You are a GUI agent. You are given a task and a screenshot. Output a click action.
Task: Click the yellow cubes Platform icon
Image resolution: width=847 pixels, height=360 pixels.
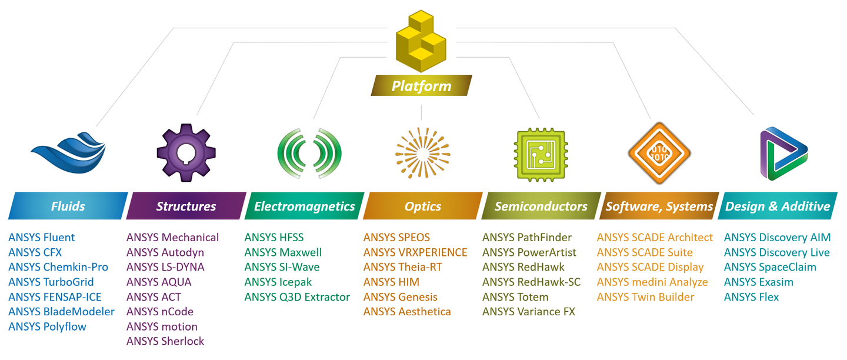(x=421, y=42)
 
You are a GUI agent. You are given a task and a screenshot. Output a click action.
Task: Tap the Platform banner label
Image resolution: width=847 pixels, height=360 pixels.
(x=421, y=86)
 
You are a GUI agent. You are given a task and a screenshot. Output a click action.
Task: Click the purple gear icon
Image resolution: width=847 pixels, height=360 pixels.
(x=186, y=152)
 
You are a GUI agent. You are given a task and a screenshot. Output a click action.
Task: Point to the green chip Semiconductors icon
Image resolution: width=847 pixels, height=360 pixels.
(x=541, y=154)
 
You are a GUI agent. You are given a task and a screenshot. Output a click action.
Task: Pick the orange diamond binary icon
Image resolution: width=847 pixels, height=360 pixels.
(x=659, y=153)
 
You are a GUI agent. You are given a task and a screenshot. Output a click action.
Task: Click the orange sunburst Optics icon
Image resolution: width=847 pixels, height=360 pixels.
(x=422, y=153)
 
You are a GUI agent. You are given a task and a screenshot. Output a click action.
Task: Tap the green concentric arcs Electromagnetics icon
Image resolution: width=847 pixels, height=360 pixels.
(x=309, y=153)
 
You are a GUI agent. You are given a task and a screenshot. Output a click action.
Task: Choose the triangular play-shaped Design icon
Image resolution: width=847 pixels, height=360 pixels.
(x=783, y=154)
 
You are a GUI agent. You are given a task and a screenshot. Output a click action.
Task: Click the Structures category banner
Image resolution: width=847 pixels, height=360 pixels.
(x=186, y=206)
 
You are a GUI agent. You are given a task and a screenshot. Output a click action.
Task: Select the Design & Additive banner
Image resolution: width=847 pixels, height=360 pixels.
(x=778, y=206)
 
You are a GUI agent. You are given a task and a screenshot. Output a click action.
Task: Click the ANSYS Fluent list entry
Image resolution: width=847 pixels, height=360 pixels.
(x=42, y=238)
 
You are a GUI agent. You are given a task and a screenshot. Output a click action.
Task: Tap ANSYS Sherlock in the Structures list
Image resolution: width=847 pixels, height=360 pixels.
(x=165, y=341)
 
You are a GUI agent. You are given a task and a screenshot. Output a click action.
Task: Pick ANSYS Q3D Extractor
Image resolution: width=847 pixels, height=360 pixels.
(x=297, y=297)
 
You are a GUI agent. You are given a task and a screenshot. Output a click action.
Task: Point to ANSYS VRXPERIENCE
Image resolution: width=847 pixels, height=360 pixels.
(x=415, y=252)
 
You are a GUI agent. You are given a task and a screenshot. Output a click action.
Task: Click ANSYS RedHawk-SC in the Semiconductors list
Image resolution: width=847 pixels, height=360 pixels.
(x=531, y=282)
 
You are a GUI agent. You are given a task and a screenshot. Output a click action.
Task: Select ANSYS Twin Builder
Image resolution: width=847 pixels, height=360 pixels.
(x=645, y=297)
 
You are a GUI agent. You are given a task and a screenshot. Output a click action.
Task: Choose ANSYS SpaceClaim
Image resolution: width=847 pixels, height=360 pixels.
(x=770, y=267)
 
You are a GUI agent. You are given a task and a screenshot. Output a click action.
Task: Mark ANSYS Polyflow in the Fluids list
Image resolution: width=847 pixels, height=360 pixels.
(x=47, y=326)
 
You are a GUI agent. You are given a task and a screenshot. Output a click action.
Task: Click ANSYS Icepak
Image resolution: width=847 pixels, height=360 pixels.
(x=278, y=282)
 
